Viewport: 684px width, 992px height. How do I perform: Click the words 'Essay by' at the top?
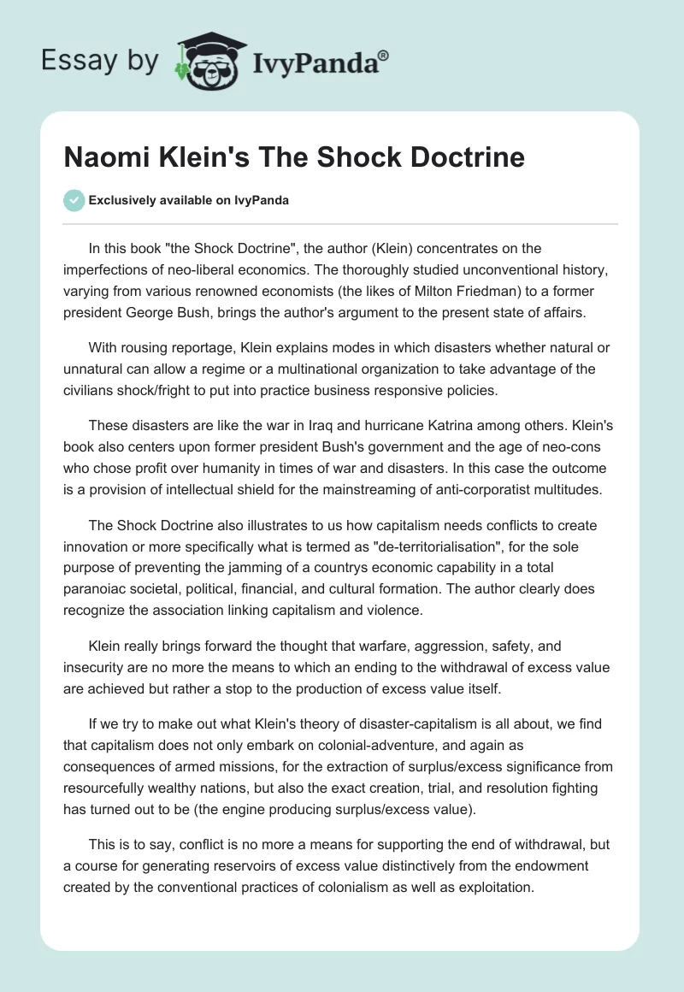100,61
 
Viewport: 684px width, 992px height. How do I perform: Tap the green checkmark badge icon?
74,200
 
